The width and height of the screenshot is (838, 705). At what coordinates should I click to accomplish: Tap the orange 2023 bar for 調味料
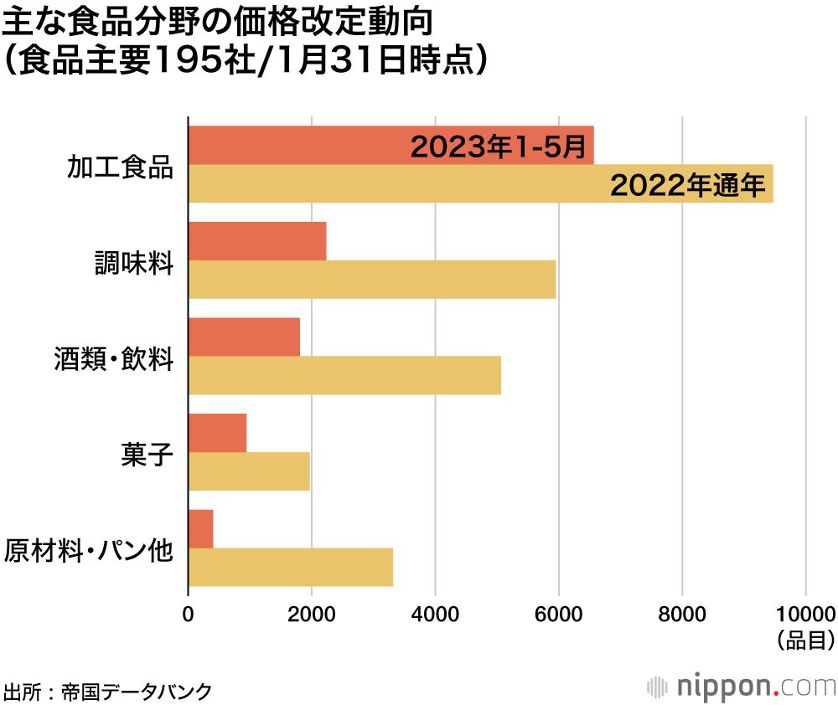point(257,242)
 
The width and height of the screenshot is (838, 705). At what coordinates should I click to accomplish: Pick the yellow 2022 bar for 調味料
point(372,280)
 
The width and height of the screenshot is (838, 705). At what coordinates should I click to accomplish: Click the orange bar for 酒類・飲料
point(244,337)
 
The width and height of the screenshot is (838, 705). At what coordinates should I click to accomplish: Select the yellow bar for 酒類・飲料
point(344,375)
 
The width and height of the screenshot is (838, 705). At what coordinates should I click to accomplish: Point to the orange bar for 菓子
point(218,433)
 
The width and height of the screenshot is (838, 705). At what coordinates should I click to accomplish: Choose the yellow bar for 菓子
point(249,471)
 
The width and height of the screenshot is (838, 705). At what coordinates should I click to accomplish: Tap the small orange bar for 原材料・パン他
point(201,528)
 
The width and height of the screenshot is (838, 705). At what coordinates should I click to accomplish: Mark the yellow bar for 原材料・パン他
point(291,567)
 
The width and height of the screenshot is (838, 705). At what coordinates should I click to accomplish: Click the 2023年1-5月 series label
point(498,147)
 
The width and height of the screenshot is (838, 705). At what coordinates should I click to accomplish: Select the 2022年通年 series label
point(687,185)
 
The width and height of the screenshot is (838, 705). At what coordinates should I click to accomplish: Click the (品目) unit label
point(805,641)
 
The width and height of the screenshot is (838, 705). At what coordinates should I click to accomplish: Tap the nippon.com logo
point(742,687)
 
